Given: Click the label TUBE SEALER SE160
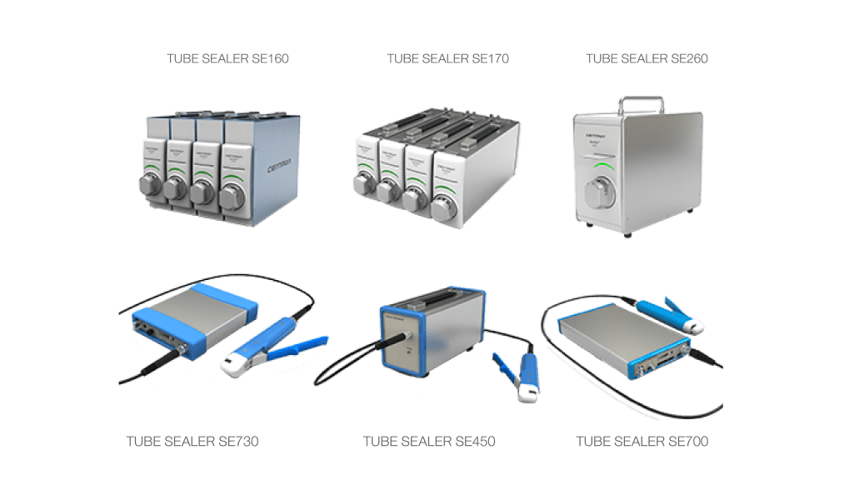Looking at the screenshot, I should [x=228, y=59].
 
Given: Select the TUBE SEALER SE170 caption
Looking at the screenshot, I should [x=448, y=59].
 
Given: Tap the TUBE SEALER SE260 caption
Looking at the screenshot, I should [x=647, y=59].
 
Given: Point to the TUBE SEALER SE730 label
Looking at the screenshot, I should [x=192, y=442].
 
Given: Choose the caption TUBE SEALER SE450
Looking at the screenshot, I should [x=430, y=442].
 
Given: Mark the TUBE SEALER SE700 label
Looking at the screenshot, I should [x=642, y=442].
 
